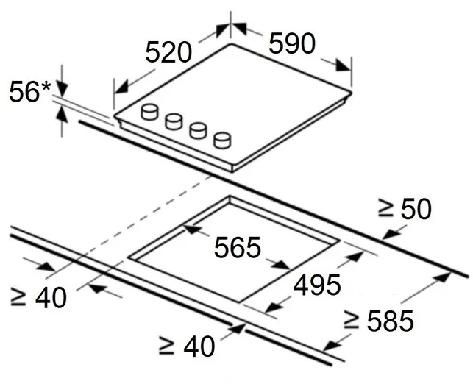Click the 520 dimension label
click(168, 52)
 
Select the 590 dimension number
click(292, 43)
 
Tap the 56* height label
click(30, 92)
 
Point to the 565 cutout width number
click(237, 247)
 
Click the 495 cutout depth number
click(317, 285)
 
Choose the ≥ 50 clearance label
click(405, 209)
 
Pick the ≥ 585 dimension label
click(379, 321)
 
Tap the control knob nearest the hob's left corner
click(149, 112)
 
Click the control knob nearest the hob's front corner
click(222, 141)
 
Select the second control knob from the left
click(174, 121)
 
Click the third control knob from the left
click(198, 131)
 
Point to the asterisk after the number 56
click(46, 88)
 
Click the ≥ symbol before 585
click(352, 320)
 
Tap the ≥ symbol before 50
click(385, 208)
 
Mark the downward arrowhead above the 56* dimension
click(62, 89)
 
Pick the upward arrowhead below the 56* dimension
click(62, 114)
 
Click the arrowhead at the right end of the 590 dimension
click(343, 65)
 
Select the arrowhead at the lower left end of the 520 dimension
click(121, 88)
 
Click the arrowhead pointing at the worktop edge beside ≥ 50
click(391, 233)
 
